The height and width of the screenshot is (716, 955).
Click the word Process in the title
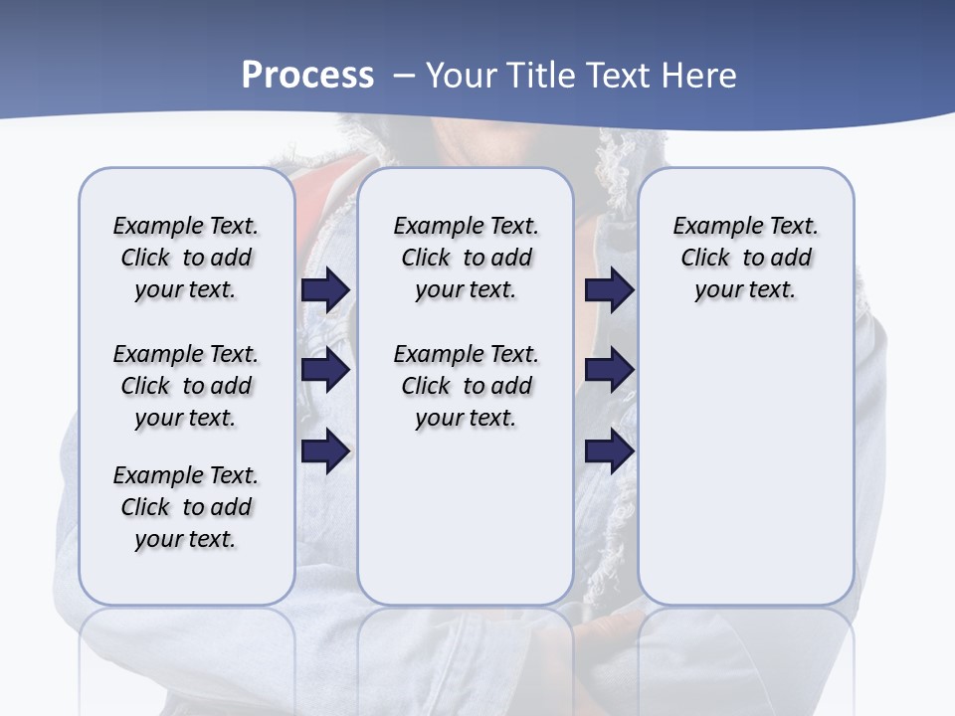(307, 76)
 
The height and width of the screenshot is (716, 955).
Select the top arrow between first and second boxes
(325, 289)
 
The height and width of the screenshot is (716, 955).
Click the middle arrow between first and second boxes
(325, 370)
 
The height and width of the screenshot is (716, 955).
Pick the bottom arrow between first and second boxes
(325, 452)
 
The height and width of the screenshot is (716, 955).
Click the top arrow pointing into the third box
(609, 289)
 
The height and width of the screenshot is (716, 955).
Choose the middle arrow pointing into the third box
(609, 370)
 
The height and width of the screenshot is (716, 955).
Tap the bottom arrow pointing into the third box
(609, 452)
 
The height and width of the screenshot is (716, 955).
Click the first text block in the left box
(186, 258)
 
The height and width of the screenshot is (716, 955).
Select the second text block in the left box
(186, 386)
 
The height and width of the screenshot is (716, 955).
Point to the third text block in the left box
(186, 507)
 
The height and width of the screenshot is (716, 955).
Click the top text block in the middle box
(466, 258)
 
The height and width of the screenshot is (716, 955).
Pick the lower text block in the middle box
(466, 386)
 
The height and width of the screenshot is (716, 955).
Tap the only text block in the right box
(745, 258)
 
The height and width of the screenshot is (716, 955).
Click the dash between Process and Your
(404, 76)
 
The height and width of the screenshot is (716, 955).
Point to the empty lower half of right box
(745, 477)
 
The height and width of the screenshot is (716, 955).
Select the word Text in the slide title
(617, 76)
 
